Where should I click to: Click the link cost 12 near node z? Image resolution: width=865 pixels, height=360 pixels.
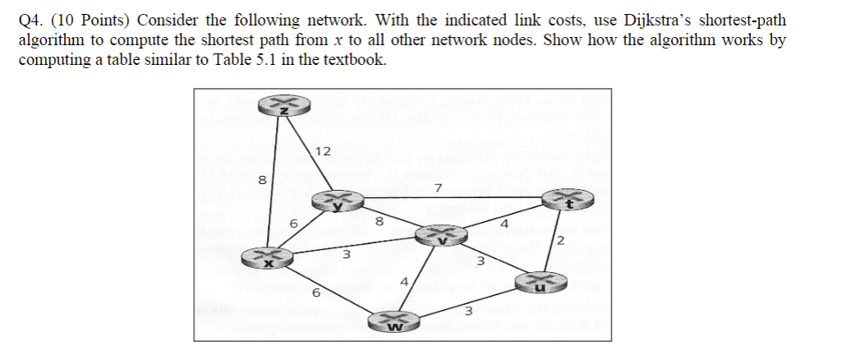pyautogui.click(x=323, y=151)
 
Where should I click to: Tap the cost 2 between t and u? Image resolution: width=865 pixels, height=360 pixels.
pyautogui.click(x=559, y=241)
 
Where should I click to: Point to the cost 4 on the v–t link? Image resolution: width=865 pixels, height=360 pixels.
pyautogui.click(x=505, y=222)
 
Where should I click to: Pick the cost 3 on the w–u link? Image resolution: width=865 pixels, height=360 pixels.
pyautogui.click(x=468, y=311)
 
